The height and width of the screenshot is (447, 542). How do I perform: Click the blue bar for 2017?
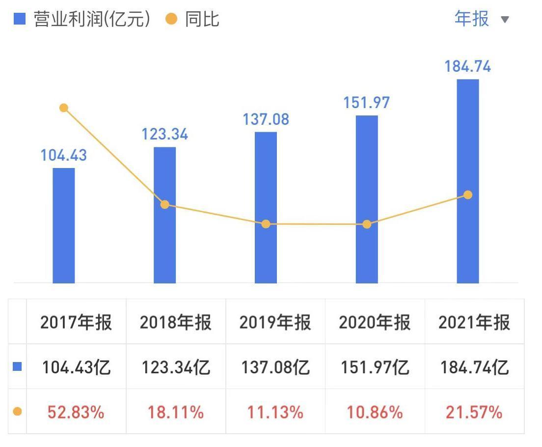pos(64,225)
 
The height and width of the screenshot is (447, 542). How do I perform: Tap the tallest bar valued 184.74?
pos(467,181)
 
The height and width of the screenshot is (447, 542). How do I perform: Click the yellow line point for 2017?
pos(63,108)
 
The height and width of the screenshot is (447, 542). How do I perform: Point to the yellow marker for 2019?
pos(266,224)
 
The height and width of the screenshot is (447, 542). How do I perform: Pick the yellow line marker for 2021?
pos(468,195)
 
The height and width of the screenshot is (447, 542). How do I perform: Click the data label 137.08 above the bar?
pos(266,119)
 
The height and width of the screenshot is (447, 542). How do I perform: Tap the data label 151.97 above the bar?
pos(367,103)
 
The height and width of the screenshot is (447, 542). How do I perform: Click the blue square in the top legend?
pos(19,19)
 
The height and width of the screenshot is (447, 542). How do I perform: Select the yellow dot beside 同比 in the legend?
pos(171,19)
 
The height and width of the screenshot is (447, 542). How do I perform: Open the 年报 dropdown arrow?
pos(505,20)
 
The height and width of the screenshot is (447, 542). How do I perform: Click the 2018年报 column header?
pos(175,322)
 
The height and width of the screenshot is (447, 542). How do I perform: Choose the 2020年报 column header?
pos(375,322)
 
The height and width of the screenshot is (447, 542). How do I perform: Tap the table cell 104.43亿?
pos(76,367)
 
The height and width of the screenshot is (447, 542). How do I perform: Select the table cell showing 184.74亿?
pos(474,367)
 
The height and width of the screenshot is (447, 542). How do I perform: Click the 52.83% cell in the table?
pos(76,412)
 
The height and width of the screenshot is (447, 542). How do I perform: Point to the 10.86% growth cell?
pos(375,412)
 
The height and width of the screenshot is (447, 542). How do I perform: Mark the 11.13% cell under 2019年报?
pos(275,412)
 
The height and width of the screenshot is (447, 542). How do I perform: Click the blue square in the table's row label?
pos(17,366)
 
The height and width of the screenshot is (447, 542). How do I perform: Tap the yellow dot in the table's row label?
pos(17,411)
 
